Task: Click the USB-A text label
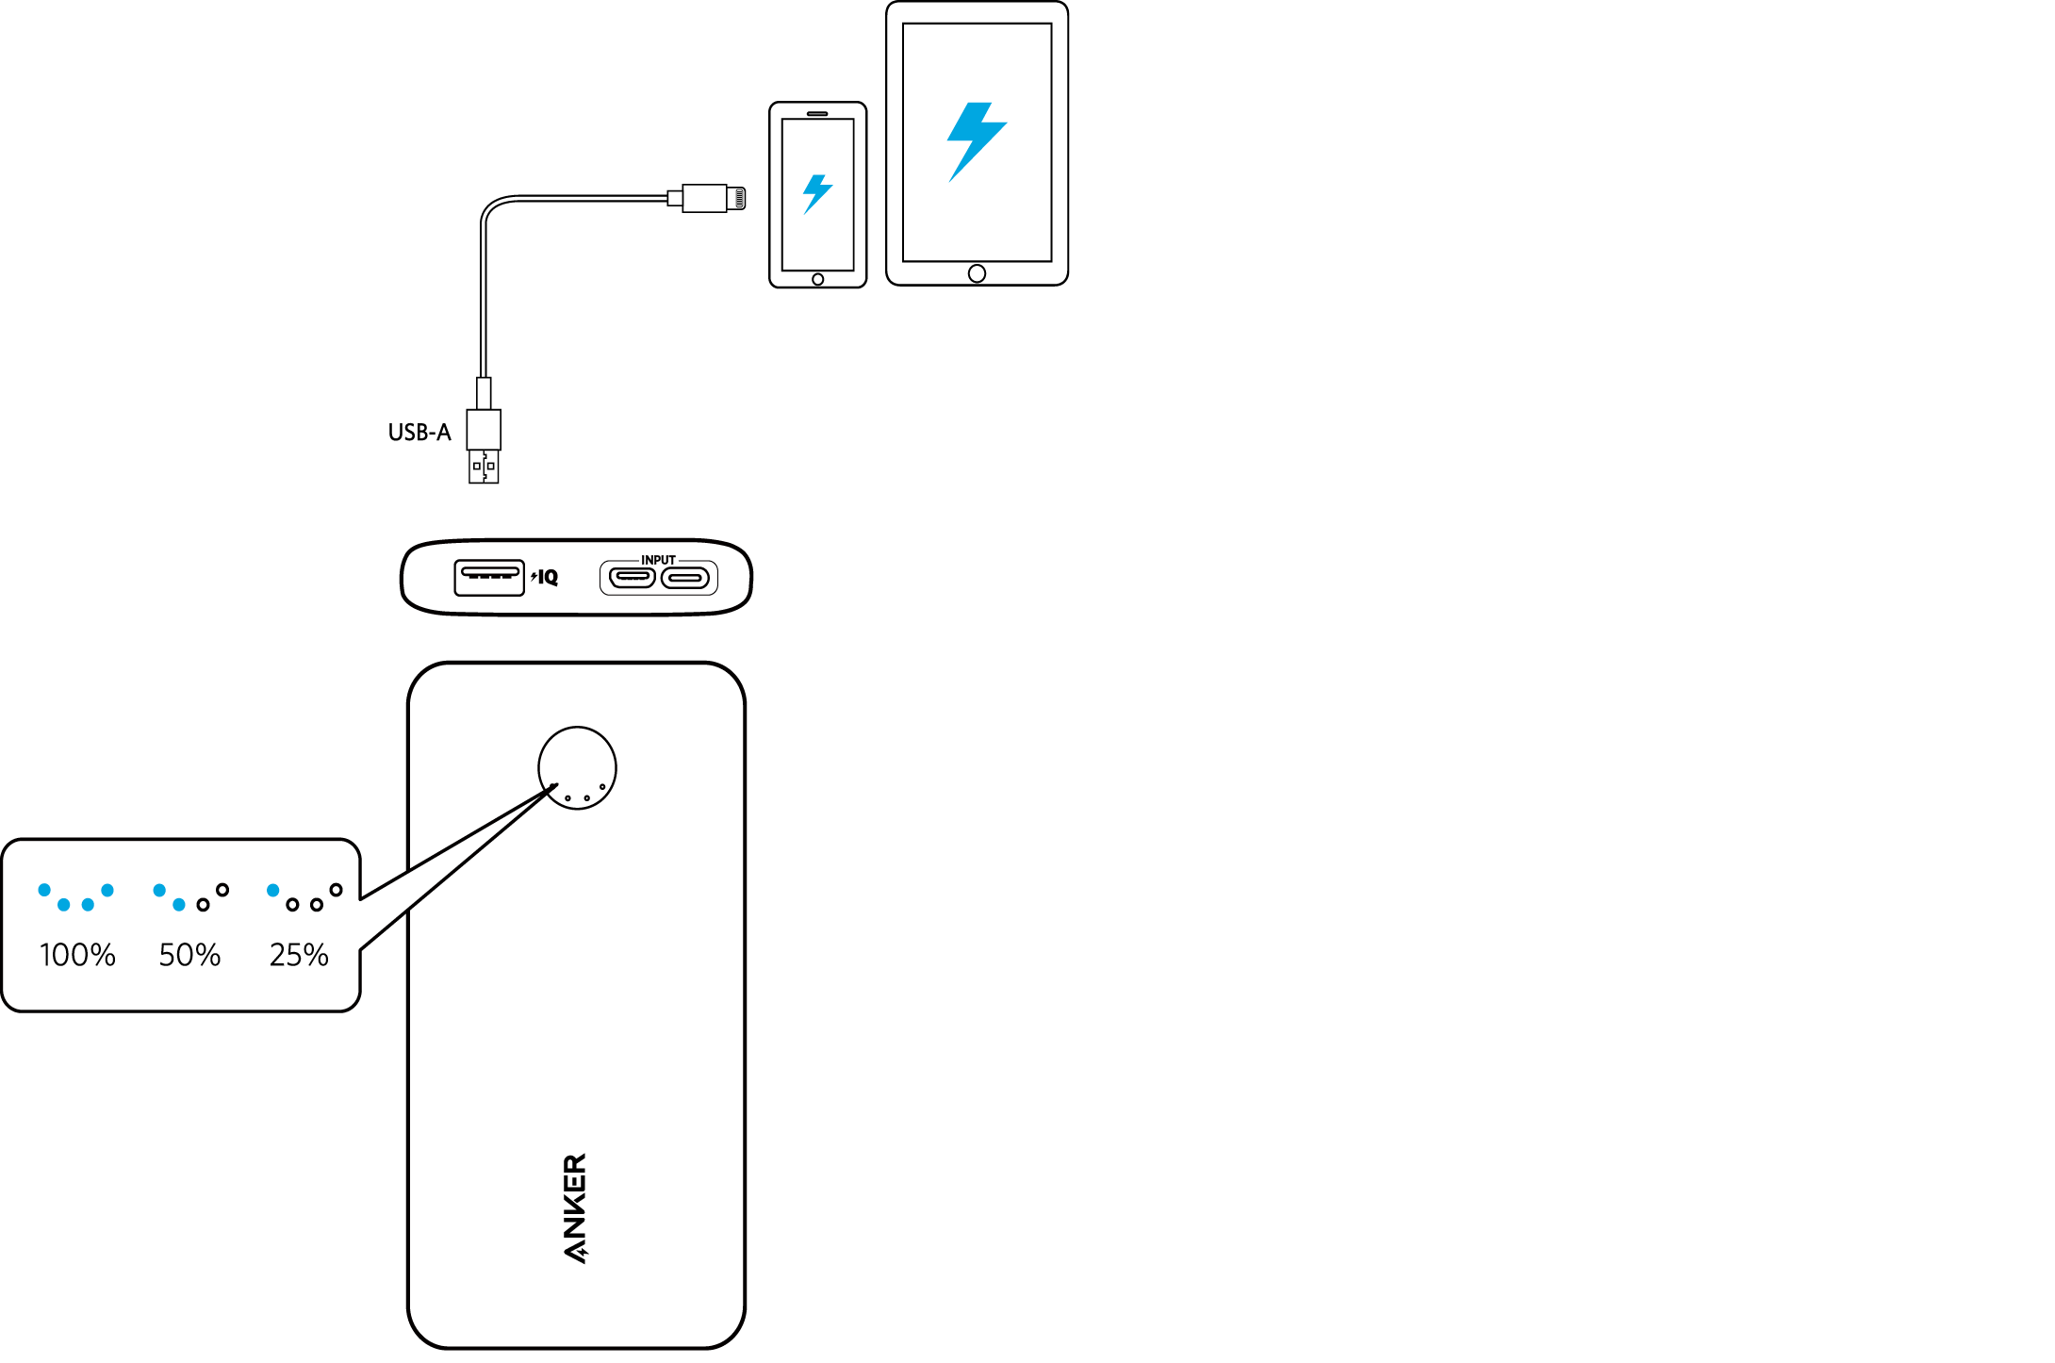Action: [419, 433]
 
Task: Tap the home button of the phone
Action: [817, 279]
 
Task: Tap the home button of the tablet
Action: [977, 273]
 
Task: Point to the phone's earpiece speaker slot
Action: [817, 114]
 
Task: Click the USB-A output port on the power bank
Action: [488, 577]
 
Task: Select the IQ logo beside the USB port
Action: [546, 577]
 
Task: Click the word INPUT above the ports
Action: [658, 560]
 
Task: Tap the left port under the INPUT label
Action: [632, 578]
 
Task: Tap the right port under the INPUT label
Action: [684, 578]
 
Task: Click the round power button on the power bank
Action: [577, 767]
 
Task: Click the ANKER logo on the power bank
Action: [575, 1207]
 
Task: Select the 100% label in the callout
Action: [77, 955]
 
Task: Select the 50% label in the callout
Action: [189, 955]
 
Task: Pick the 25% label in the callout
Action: [299, 955]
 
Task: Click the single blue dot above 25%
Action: [273, 890]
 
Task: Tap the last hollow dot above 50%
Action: [222, 890]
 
